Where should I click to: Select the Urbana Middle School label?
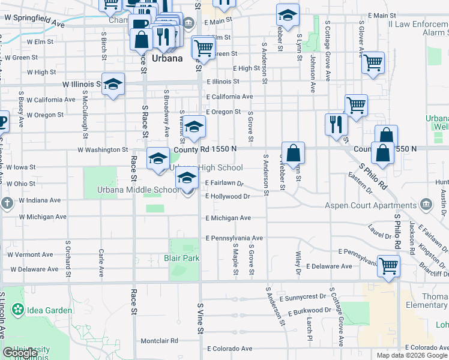[137, 191]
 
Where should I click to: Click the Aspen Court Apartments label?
[371, 205]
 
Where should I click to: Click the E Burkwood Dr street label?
[309, 311]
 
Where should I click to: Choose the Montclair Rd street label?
[159, 341]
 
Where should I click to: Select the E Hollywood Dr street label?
[228, 196]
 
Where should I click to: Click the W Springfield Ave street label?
[34, 21]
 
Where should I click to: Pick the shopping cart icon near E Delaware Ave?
[388, 265]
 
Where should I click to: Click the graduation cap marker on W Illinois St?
[112, 85]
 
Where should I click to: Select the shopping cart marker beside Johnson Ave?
[373, 62]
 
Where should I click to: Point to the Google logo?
[20, 353]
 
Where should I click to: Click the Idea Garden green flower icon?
[17, 310]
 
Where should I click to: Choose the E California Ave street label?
[229, 97]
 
